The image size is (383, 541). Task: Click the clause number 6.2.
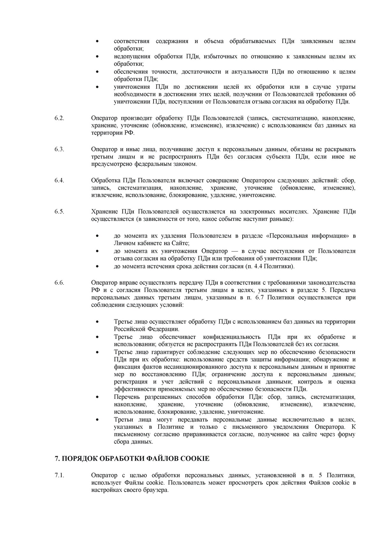click(x=59, y=118)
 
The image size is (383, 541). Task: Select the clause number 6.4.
click(x=59, y=180)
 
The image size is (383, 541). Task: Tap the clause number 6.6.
click(x=59, y=283)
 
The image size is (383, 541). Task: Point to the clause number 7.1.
click(x=59, y=475)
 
